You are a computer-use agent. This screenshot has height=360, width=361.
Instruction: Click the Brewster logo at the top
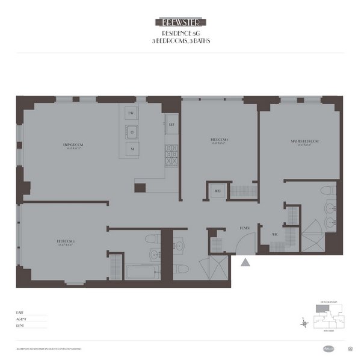click(180, 22)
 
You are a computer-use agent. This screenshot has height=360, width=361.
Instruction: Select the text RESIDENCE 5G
click(180, 34)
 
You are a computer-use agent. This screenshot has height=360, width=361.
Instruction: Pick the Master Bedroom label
click(305, 142)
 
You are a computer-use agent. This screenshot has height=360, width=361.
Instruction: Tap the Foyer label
click(244, 228)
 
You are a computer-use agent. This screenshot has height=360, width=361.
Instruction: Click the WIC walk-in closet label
click(274, 234)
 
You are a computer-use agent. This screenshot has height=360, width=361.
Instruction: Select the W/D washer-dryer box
click(216, 191)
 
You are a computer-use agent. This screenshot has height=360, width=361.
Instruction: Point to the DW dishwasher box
click(131, 113)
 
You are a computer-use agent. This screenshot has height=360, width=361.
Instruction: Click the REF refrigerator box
click(171, 124)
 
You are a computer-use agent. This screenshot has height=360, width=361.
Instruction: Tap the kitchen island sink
click(131, 131)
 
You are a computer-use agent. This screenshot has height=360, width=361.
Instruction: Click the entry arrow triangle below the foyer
click(245, 262)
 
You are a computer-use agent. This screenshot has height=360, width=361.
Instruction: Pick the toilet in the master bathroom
click(327, 190)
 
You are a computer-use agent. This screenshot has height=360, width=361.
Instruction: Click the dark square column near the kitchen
click(140, 187)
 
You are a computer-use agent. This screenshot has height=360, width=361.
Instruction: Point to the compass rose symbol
click(306, 324)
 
